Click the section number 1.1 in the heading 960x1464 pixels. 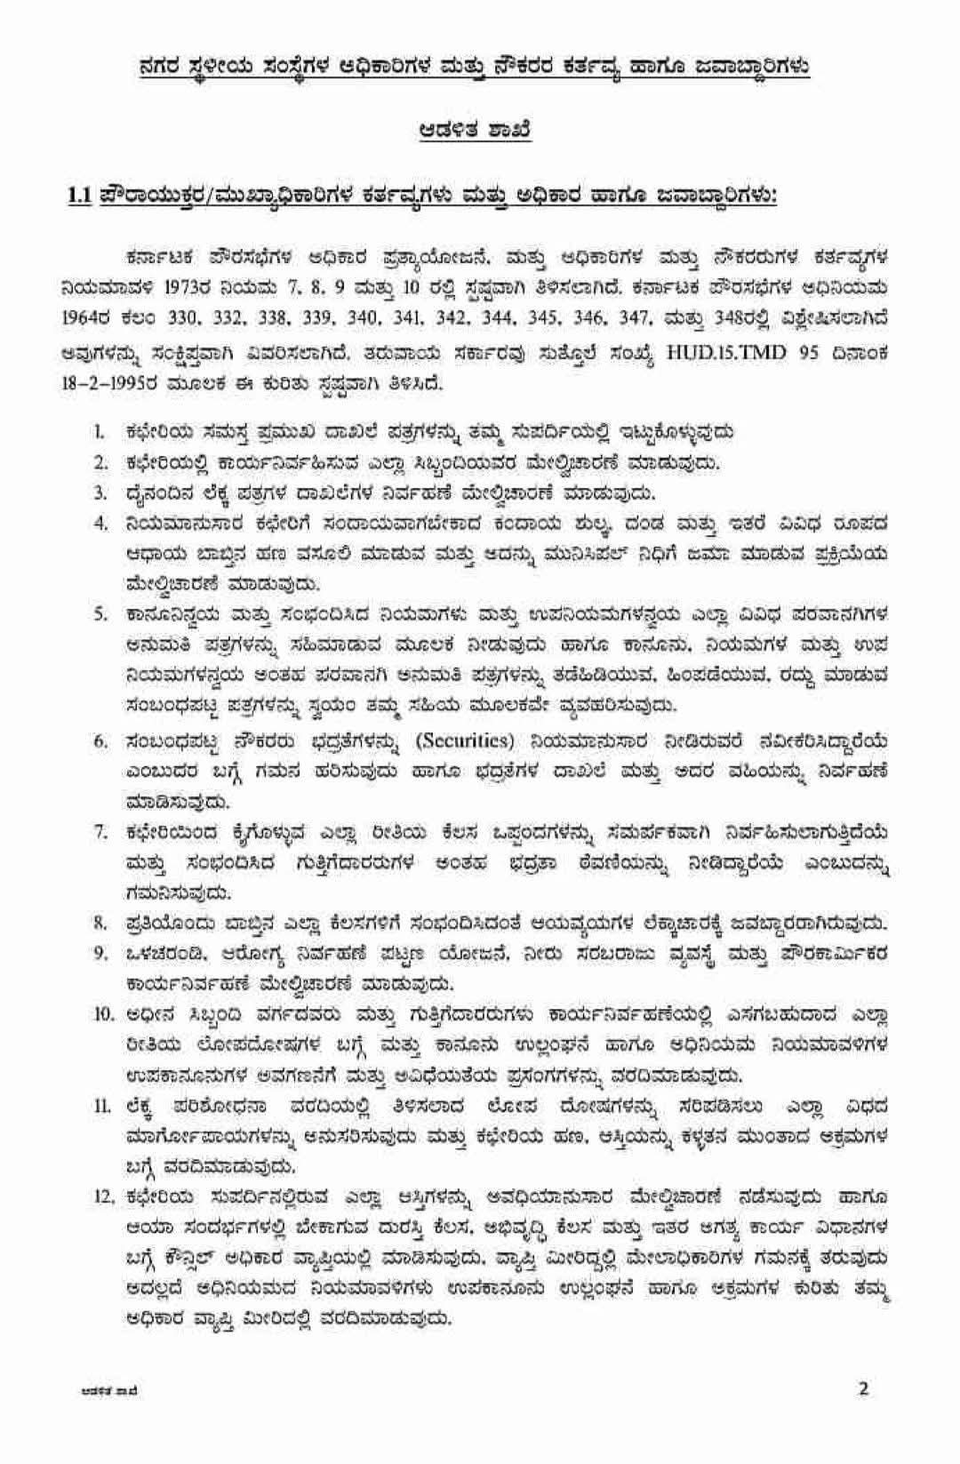click(81, 195)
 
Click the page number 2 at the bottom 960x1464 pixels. click(862, 1388)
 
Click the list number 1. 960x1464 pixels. click(101, 433)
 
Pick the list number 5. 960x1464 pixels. click(101, 614)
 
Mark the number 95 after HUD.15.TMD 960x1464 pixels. click(806, 352)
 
